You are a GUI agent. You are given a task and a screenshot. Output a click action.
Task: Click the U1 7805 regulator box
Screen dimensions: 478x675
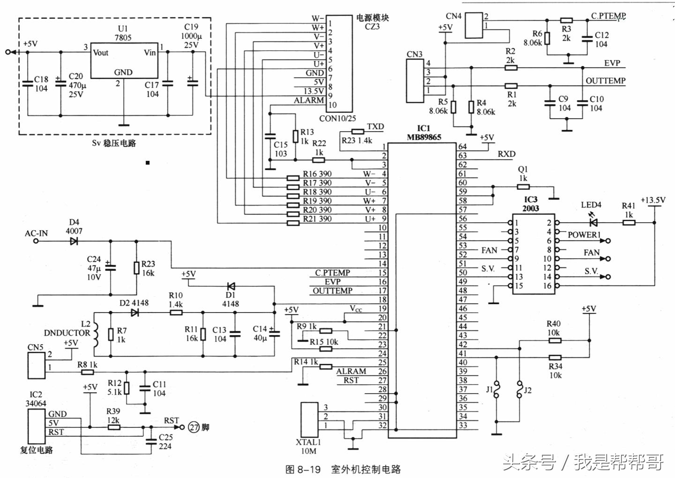pos(123,61)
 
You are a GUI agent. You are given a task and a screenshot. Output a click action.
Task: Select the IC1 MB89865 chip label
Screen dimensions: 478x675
pos(423,133)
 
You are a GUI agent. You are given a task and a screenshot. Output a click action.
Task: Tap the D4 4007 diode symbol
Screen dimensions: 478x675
pos(74,241)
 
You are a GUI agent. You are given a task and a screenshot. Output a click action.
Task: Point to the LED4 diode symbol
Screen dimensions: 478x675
pos(593,223)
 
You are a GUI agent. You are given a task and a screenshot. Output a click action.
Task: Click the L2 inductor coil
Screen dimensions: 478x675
pos(96,335)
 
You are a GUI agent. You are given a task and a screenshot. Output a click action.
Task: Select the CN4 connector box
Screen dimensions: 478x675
pos(474,25)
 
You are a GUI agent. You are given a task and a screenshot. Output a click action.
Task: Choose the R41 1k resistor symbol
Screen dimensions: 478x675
pos(629,223)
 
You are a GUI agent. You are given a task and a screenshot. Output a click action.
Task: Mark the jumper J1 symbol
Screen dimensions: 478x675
pos(496,390)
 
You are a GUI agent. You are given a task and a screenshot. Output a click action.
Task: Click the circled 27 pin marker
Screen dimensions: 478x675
pos(194,427)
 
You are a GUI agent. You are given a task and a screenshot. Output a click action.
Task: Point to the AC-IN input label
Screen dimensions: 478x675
pos(36,233)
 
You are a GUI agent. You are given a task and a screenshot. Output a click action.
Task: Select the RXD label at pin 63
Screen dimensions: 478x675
pos(506,154)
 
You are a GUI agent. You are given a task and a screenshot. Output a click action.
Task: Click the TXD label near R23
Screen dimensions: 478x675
pos(375,127)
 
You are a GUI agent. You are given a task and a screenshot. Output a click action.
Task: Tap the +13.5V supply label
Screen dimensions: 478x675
pos(653,200)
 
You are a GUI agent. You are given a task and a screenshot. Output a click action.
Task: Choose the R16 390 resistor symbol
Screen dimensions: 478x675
pos(293,178)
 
